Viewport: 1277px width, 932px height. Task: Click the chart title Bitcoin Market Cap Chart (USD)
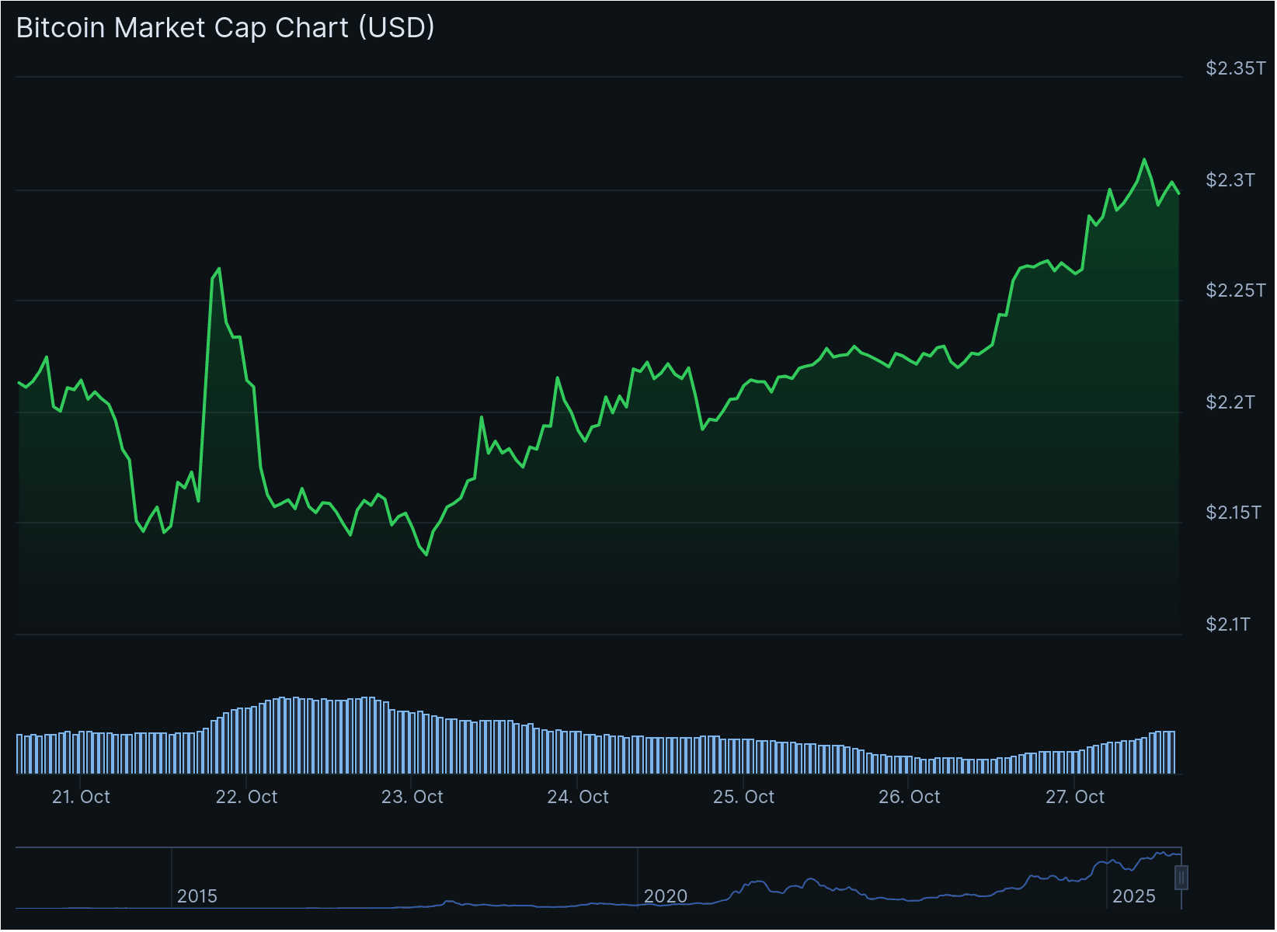[x=225, y=28]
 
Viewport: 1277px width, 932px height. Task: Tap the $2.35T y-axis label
[x=1235, y=68]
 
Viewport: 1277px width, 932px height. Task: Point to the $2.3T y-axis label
[x=1230, y=180]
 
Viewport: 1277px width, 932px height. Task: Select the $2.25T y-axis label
[x=1235, y=290]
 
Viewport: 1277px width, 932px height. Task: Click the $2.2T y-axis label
[x=1230, y=402]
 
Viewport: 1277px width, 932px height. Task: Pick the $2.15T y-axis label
[x=1233, y=513]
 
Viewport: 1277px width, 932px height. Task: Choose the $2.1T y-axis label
[x=1228, y=624]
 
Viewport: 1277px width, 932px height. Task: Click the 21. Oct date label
[x=81, y=797]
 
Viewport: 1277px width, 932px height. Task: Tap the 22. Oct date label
[x=246, y=797]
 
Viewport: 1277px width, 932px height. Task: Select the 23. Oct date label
[x=412, y=797]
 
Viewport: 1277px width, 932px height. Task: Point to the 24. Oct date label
[x=578, y=797]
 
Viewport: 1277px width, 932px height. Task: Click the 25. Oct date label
[x=743, y=797]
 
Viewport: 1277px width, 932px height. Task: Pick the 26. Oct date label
[x=909, y=797]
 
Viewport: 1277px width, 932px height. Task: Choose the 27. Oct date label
[x=1074, y=797]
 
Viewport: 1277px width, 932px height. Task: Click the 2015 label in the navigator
[x=197, y=896]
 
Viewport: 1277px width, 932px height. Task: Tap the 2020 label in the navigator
[x=666, y=896]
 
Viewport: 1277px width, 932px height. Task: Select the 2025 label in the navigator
[x=1134, y=896]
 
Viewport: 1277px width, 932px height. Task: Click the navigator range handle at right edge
[x=1181, y=878]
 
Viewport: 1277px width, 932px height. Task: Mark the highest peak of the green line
[x=1143, y=159]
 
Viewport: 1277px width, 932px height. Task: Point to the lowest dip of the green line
[x=426, y=555]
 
